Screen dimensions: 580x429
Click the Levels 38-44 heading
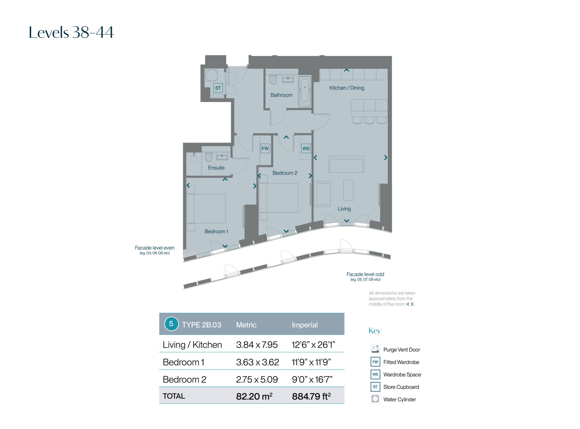coord(71,32)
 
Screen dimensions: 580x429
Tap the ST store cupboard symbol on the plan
coord(218,88)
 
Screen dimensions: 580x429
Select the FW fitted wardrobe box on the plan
coord(265,148)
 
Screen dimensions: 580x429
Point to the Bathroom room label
coord(282,95)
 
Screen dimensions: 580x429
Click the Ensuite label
coord(216,168)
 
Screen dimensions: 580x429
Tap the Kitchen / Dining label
coord(347,88)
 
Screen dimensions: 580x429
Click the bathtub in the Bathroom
coord(305,91)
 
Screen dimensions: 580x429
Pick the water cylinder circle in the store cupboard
coord(212,76)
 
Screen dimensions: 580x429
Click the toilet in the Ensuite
coord(209,157)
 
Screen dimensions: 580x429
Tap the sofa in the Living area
coord(346,164)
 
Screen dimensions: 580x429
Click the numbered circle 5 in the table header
coord(171,324)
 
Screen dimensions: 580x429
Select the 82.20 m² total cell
coord(254,396)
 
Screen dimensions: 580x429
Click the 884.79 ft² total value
coord(312,396)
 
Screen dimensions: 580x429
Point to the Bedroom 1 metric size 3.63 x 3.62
coord(257,362)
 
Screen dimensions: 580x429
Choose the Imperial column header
coord(305,325)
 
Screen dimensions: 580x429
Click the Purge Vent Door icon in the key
coord(375,349)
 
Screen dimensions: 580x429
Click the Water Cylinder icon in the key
coord(375,399)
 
